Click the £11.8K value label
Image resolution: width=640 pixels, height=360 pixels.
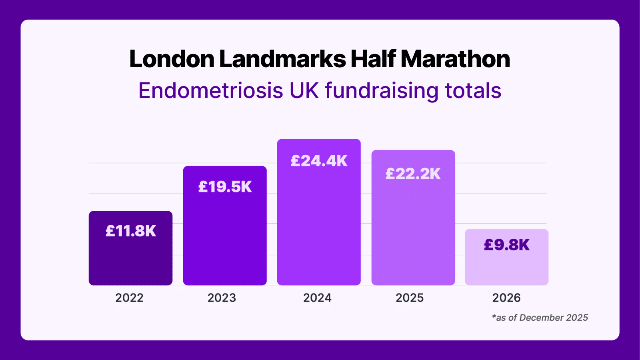point(130,231)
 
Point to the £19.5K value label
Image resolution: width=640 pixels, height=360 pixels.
point(225,187)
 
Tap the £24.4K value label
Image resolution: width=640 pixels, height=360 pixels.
point(319,161)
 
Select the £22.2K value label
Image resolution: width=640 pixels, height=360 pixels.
point(413,174)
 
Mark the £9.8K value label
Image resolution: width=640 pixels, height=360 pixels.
point(506,245)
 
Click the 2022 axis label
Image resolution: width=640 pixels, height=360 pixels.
point(129,298)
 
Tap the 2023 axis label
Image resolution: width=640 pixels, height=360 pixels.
point(222,298)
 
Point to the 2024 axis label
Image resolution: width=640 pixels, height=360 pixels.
point(317,298)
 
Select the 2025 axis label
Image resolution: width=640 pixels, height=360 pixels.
point(410,298)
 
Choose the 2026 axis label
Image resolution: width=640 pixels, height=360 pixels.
point(506,298)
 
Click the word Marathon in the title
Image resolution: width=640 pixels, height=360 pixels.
point(455,59)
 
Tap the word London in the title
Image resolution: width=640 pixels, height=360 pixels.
point(172,59)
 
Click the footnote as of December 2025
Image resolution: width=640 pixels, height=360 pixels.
point(540,318)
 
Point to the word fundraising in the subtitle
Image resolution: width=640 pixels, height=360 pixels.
point(382,90)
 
